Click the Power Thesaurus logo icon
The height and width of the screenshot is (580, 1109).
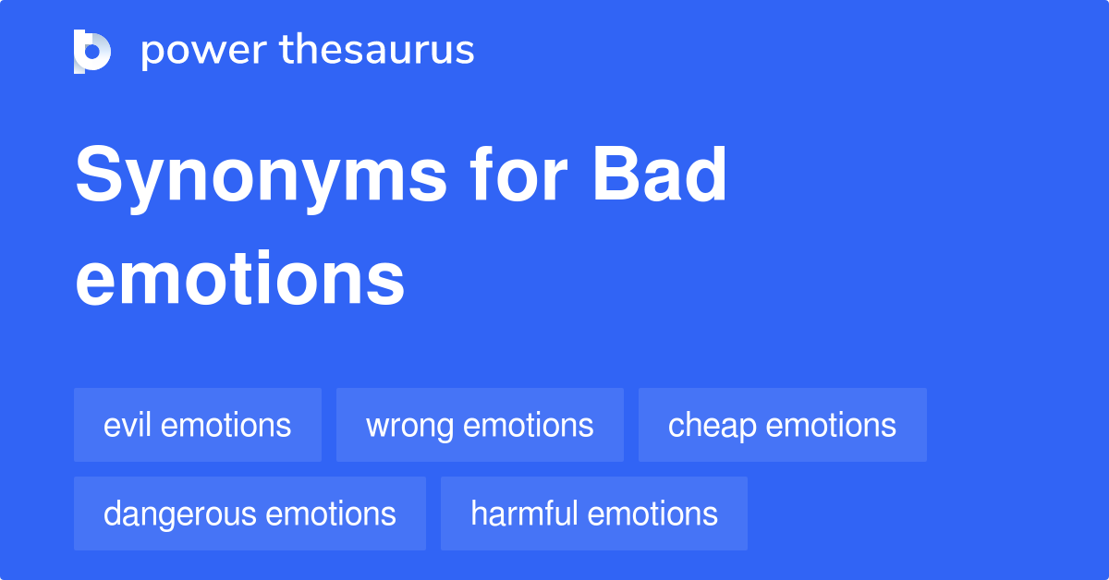click(92, 51)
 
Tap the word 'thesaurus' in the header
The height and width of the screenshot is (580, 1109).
click(377, 51)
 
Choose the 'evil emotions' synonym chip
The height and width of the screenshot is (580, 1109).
click(198, 425)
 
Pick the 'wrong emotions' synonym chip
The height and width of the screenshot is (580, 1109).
click(480, 425)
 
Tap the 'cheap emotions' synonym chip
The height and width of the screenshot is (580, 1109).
click(782, 425)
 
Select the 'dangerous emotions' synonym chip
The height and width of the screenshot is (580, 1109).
click(250, 514)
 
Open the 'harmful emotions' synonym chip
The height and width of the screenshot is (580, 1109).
click(593, 514)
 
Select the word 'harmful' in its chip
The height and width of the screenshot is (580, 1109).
click(524, 514)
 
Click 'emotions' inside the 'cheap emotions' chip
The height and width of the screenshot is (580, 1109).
click(831, 425)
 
